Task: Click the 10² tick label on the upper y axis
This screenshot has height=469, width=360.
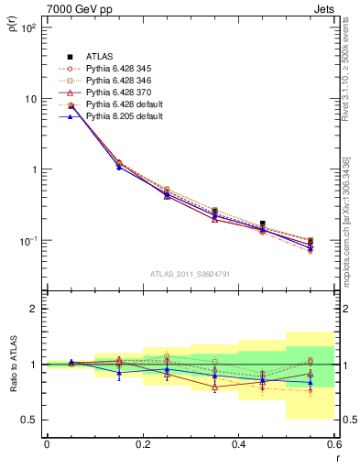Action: click(x=27, y=27)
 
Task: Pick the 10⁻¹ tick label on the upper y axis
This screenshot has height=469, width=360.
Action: click(x=27, y=240)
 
